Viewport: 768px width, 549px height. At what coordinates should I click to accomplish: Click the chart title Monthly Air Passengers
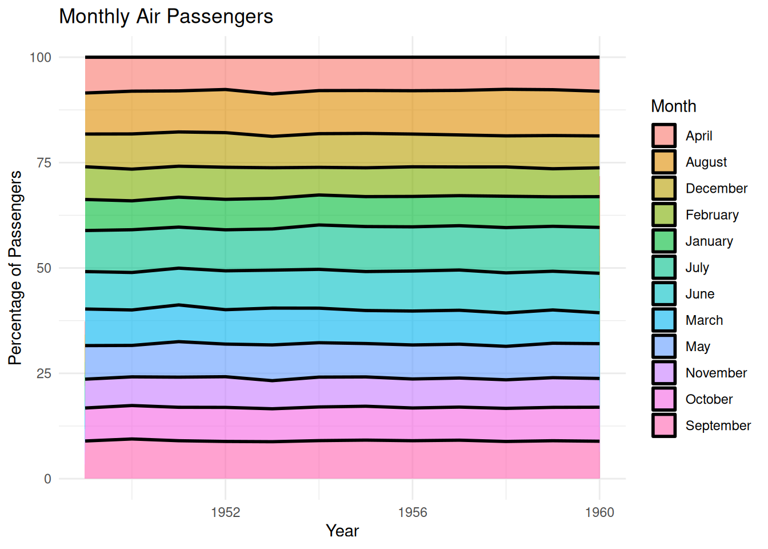[x=166, y=17]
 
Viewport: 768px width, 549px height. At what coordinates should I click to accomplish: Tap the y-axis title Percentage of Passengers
[x=15, y=268]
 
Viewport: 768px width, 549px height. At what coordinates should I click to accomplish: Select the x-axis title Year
[x=342, y=531]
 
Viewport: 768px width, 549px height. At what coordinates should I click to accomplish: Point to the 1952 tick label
[x=225, y=512]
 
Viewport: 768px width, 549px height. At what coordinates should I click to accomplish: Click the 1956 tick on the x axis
[x=413, y=512]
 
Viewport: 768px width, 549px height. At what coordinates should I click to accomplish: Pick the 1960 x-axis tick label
[x=599, y=512]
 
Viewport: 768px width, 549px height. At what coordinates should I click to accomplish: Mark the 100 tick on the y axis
[x=41, y=57]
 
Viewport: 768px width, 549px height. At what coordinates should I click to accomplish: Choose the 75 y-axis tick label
[x=44, y=163]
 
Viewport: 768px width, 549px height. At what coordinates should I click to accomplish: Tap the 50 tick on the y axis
[x=44, y=268]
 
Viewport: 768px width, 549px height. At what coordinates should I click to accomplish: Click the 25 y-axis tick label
[x=44, y=373]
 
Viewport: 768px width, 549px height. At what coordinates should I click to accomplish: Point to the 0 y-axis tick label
[x=48, y=479]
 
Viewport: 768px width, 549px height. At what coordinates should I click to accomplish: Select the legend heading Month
[x=673, y=106]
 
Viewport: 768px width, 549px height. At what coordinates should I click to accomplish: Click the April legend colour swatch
[x=664, y=136]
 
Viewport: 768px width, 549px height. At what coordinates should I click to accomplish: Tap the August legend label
[x=706, y=162]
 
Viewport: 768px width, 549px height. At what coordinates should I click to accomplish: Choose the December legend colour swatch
[x=664, y=188]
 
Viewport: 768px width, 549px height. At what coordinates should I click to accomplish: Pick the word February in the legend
[x=712, y=215]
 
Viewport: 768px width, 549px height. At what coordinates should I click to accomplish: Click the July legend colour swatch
[x=664, y=267]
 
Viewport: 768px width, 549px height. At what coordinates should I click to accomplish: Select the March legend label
[x=704, y=320]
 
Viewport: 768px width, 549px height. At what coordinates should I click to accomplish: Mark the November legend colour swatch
[x=664, y=373]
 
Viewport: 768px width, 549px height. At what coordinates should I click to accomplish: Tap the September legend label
[x=718, y=425]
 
